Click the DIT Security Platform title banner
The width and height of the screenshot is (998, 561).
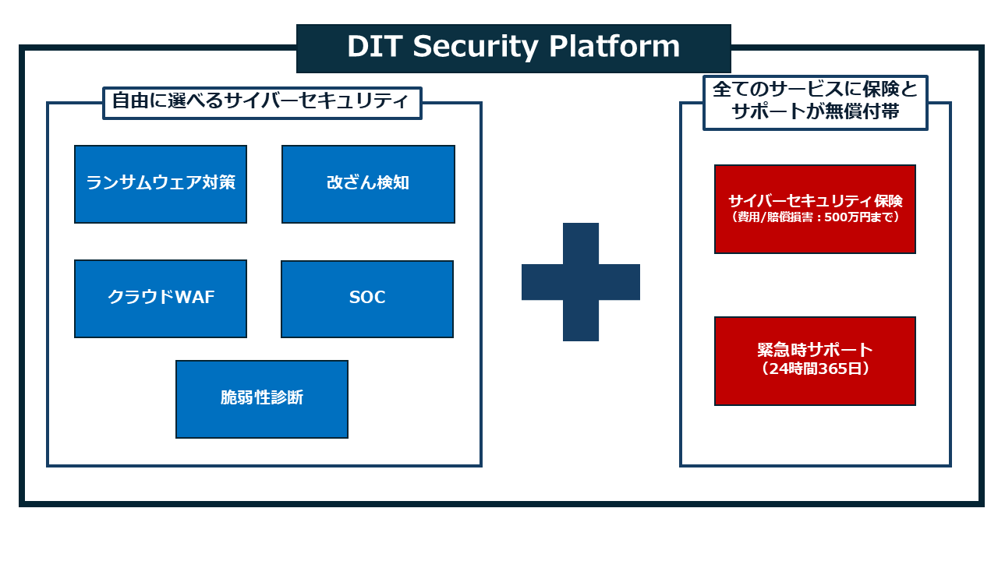[514, 48]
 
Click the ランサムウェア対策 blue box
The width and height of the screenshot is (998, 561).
[161, 184]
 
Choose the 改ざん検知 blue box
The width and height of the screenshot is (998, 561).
[368, 184]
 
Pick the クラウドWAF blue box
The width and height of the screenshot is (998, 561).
[161, 298]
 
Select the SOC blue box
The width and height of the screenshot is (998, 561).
[367, 298]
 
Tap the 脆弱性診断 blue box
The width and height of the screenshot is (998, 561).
[262, 399]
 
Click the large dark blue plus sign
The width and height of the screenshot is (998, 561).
[581, 282]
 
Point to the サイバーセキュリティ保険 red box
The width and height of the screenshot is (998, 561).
[815, 209]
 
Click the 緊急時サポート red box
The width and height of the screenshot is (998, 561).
[815, 361]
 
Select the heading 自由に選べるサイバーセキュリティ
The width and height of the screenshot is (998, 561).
[262, 102]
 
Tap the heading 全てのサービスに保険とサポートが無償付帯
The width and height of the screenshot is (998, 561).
[816, 101]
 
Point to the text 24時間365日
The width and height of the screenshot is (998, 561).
[815, 370]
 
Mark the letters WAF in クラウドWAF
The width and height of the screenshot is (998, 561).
[193, 298]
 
